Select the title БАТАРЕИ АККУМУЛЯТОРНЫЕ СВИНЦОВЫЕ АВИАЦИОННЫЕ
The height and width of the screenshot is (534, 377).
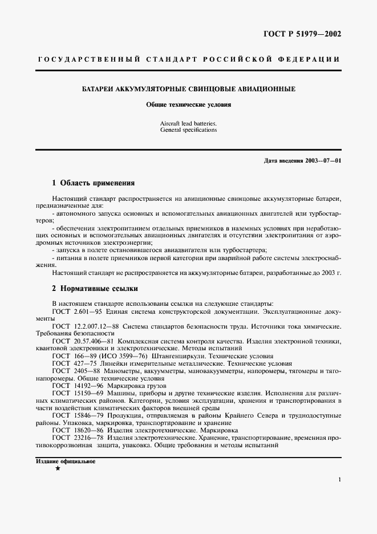189,90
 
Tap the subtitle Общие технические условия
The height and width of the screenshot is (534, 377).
189,106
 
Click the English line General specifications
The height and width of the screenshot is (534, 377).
189,130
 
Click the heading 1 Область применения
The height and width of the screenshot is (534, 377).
93,183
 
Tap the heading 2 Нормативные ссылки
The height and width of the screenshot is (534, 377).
95,289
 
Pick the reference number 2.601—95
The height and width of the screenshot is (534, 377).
84,312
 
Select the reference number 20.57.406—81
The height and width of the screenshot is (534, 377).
92,341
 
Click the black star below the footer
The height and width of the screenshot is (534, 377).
58,468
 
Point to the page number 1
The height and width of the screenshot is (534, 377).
339,480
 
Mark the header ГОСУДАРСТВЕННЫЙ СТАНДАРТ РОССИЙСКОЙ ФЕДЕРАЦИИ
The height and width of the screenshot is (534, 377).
189,59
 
